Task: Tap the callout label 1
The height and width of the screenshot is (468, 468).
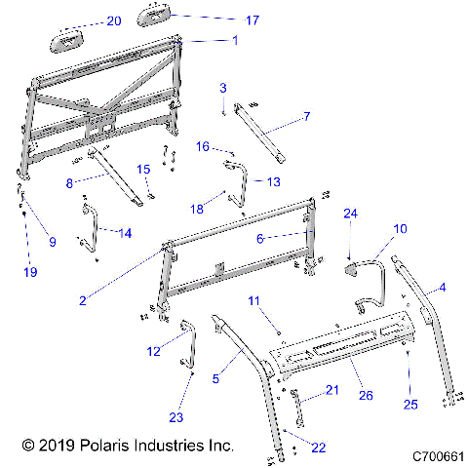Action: (234, 40)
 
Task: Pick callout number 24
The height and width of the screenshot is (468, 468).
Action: (350, 213)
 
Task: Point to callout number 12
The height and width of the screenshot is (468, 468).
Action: (153, 350)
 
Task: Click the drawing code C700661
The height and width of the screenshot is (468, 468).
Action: (437, 455)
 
